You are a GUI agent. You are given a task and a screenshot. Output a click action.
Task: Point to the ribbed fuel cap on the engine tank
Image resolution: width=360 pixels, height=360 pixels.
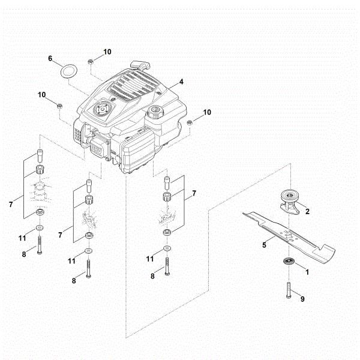pyautogui.click(x=157, y=111)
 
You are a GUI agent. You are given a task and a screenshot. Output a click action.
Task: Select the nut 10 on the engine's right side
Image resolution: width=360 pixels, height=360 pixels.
pyautogui.click(x=189, y=122)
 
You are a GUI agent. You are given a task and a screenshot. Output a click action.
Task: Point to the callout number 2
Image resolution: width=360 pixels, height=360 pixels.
pyautogui.click(x=307, y=211)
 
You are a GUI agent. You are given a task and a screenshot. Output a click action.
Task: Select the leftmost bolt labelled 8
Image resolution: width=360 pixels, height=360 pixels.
pyautogui.click(x=39, y=245)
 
